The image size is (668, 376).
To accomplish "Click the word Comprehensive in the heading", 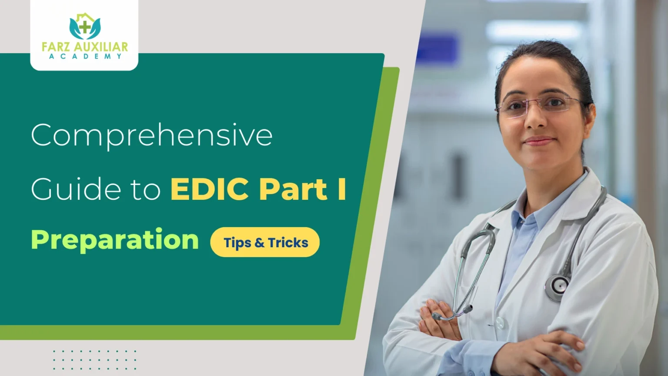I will click(x=152, y=135).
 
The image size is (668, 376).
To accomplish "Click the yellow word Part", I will click(x=293, y=190).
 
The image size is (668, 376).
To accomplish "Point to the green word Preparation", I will click(x=115, y=240).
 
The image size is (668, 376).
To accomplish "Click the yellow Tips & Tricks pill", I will click(x=265, y=242).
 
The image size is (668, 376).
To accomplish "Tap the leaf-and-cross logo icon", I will click(x=84, y=27).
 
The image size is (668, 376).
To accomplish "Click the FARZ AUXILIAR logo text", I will click(x=84, y=47).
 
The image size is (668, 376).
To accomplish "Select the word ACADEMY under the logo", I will click(x=84, y=57).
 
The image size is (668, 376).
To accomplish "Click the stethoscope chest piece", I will click(x=557, y=285).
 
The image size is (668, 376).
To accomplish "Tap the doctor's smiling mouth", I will click(x=539, y=141).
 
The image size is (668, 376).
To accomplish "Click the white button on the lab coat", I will click(x=500, y=322).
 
